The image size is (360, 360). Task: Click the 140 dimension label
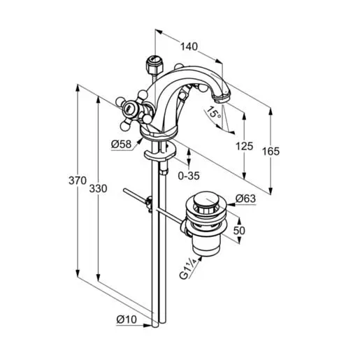189,47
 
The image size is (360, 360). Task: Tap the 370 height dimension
78,180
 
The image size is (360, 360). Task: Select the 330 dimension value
98,189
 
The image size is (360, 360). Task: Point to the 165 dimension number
271,151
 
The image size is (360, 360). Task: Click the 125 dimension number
244,146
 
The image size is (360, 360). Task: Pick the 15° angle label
214,112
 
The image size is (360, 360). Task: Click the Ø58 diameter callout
121,144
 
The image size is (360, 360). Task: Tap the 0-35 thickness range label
189,175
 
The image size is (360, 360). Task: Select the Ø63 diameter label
245,199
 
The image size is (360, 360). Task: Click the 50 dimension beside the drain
239,231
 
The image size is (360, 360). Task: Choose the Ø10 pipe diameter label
127,319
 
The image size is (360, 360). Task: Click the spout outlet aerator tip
222,99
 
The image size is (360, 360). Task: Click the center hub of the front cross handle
128,108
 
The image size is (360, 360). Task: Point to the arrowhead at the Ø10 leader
148,325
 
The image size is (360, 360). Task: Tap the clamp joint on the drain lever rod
148,203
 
